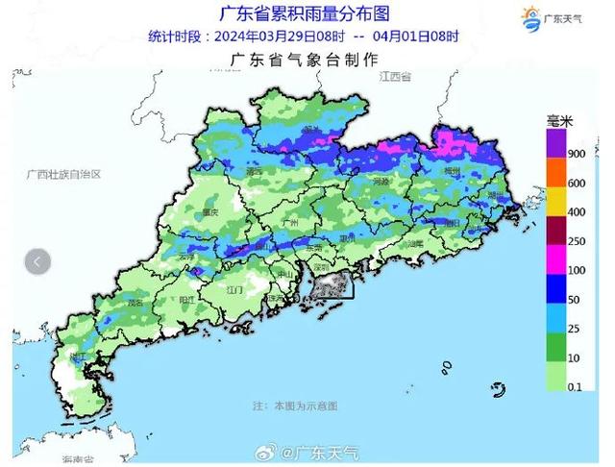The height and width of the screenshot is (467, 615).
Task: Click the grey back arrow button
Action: point(37,260)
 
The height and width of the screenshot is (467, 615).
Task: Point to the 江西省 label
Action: point(394,76)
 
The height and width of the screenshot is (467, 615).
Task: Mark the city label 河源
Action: point(381,181)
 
